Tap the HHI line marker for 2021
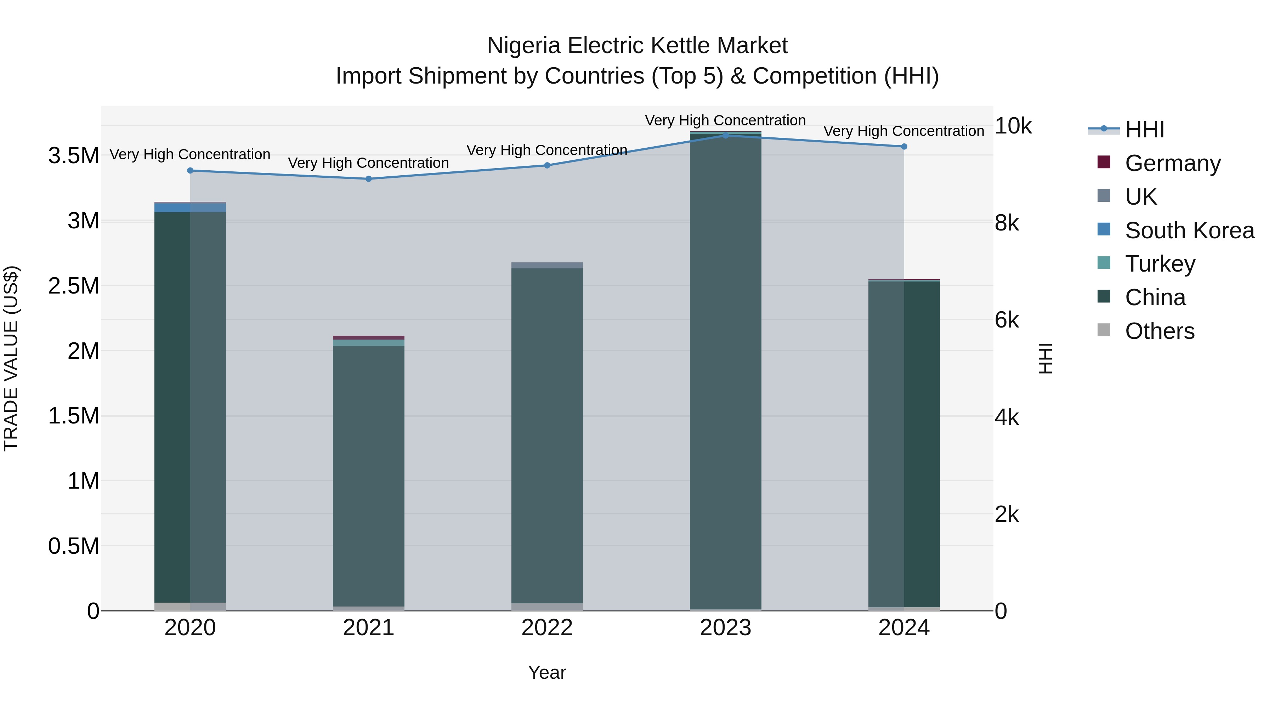368,179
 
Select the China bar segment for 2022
547,436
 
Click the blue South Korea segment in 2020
190,207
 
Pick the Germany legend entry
1172,163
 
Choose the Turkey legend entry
1159,264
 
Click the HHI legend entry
1144,130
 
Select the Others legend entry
1159,331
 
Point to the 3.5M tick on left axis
73,155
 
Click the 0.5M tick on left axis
73,546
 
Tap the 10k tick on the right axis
1013,126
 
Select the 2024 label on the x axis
904,628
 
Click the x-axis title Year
547,672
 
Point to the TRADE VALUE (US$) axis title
11,358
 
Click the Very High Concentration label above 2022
547,150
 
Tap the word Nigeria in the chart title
524,46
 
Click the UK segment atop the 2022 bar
547,265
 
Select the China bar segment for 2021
368,475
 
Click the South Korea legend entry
1189,231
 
